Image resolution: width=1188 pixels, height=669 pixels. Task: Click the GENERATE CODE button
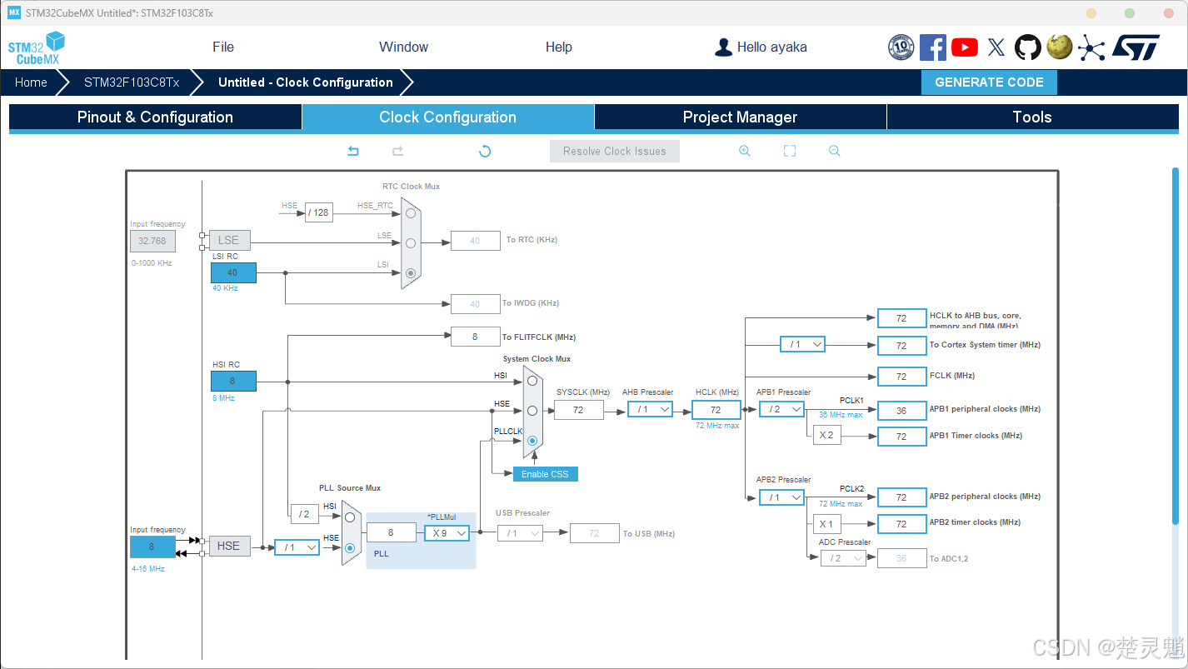989,82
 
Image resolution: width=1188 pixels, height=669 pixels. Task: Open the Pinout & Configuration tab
155,117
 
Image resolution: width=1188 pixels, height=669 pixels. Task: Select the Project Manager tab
740,117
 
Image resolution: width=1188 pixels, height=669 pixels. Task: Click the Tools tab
1032,117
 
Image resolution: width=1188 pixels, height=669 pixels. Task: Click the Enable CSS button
545,474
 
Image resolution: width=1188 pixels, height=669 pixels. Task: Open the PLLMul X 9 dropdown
447,533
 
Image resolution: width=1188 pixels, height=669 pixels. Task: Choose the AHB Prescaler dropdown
649,409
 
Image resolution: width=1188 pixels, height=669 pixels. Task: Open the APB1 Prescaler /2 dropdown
781,409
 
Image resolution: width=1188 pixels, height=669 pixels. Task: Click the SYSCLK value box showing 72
578,410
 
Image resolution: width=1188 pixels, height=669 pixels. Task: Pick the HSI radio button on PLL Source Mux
350,517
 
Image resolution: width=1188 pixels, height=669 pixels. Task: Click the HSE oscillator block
228,546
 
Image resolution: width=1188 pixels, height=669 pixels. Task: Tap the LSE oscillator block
228,240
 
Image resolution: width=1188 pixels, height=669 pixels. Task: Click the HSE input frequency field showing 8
152,547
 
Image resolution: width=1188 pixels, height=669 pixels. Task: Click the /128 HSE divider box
318,212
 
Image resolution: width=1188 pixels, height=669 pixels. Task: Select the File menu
223,47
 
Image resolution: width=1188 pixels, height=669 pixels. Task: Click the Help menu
558,47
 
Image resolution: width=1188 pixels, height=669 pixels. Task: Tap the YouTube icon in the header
965,47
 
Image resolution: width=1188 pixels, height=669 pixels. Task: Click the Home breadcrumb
31,82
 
